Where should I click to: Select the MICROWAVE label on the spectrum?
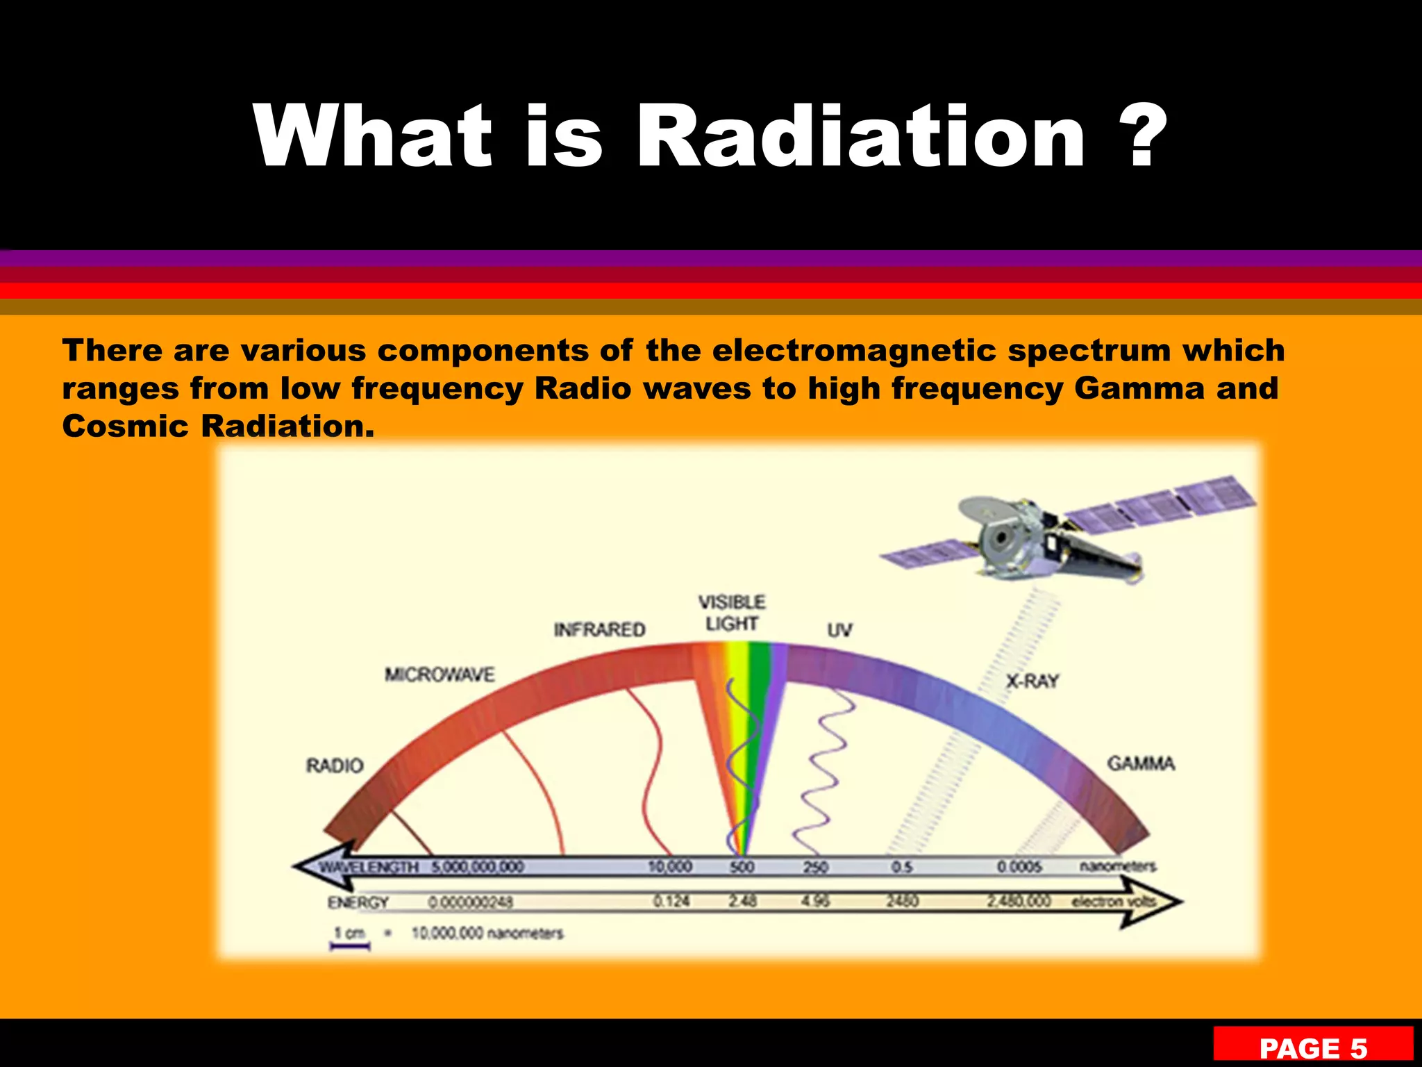point(440,675)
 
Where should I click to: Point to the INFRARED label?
point(599,629)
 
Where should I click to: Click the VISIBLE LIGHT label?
point(732,613)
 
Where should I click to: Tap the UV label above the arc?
point(839,630)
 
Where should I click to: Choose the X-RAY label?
point(1032,681)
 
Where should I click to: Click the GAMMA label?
point(1141,763)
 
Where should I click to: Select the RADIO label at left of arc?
point(335,766)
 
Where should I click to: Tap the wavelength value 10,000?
point(669,867)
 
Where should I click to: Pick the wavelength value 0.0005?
point(1019,867)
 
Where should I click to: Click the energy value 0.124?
point(671,902)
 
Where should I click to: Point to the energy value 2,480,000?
point(1019,902)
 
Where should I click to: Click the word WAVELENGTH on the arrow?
point(369,867)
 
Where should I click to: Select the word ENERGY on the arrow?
point(358,902)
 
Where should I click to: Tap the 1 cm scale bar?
point(349,945)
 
